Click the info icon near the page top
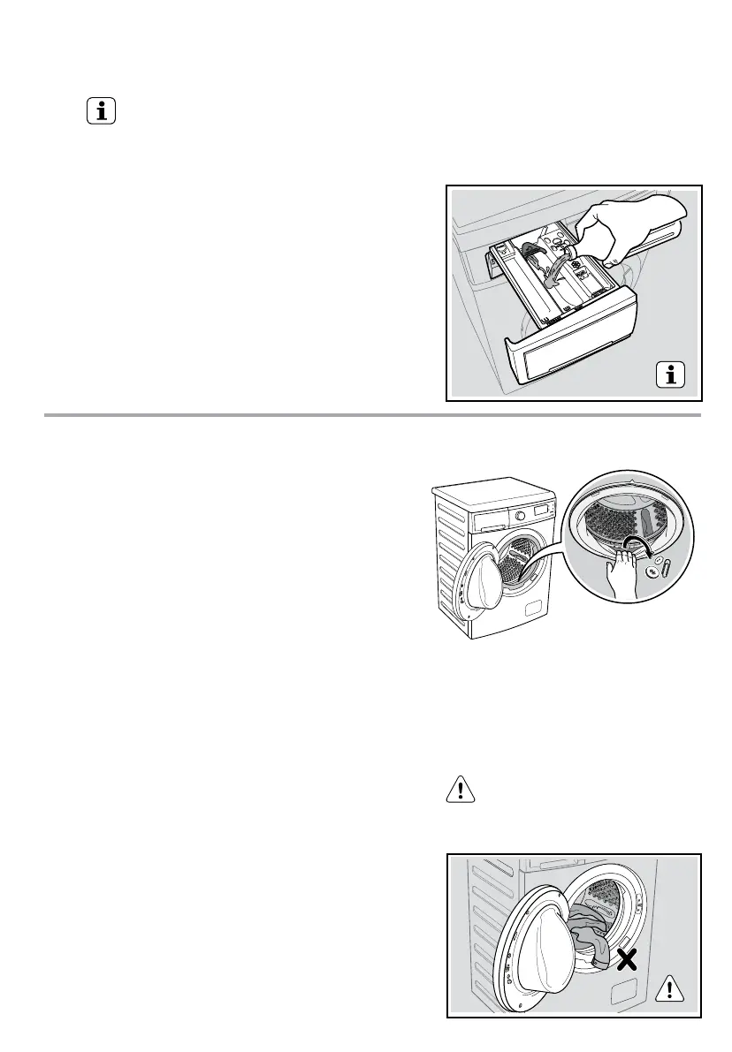tap(103, 113)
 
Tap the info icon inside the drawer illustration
tap(673, 375)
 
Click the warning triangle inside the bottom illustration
tap(673, 986)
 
